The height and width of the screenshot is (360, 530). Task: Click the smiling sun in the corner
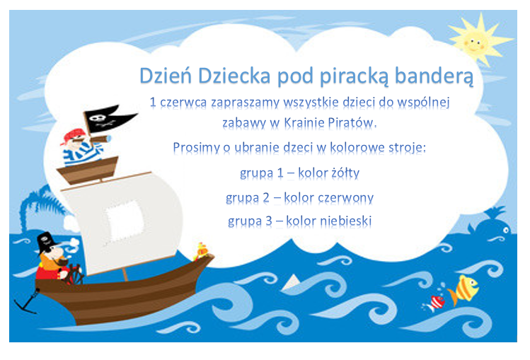pyautogui.click(x=478, y=40)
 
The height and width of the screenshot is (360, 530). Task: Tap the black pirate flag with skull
pyautogui.click(x=109, y=119)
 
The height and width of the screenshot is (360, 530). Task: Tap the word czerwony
pyautogui.click(x=346, y=198)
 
